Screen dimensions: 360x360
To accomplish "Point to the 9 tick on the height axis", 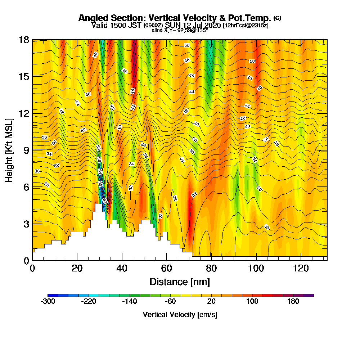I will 32,150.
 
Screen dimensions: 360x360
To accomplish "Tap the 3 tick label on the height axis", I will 26,224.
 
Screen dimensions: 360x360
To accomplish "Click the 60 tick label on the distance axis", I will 167,269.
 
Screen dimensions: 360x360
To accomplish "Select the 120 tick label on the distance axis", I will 301,269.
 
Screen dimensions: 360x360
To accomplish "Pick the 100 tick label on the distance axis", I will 256,269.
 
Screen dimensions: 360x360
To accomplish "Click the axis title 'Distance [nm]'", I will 180,282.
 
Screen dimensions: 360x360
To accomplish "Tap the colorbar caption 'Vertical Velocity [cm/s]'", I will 180,315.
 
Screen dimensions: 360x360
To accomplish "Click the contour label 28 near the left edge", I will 46,184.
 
